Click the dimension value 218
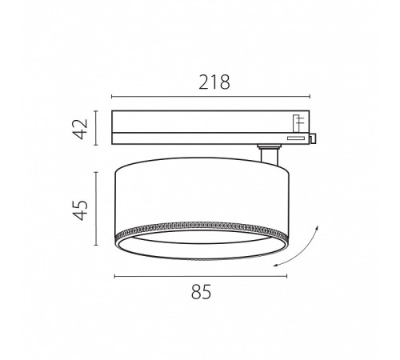[214, 82]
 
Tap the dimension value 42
[81, 129]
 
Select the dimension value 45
[81, 210]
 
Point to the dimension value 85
[201, 292]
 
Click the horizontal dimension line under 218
[210, 97]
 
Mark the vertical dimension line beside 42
[96, 128]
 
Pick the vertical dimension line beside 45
[96, 209]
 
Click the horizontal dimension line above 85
[201, 277]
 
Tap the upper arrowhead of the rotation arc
[317, 227]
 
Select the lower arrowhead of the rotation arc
[276, 265]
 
